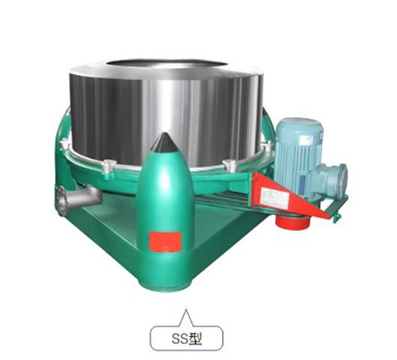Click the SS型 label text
(187, 338)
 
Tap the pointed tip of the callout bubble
(186, 309)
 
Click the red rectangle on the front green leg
(165, 241)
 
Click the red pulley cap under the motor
(292, 222)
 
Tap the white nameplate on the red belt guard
(275, 198)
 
